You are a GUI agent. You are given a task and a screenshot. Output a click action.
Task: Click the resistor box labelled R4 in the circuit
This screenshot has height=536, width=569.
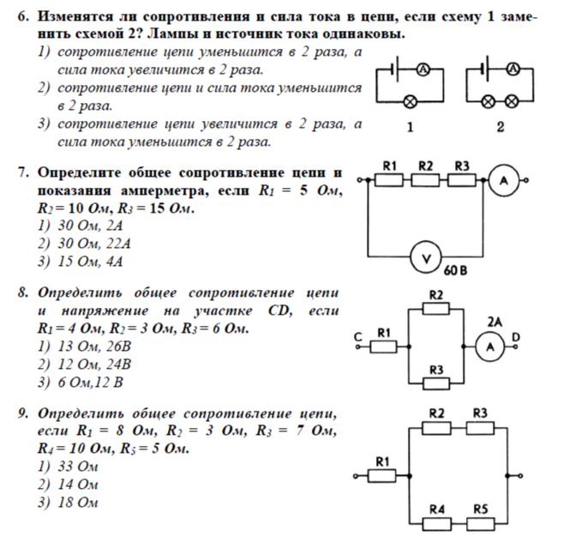438,521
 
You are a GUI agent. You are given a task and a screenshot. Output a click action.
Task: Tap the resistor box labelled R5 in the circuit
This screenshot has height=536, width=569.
481,521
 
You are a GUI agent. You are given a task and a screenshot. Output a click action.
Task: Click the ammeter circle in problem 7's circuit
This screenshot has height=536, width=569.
504,180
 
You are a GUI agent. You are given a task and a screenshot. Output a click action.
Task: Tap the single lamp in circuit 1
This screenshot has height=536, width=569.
410,101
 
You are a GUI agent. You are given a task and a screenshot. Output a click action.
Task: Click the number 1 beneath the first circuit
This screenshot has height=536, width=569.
410,128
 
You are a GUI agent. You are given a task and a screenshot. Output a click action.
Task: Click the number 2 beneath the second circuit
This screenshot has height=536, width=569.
500,128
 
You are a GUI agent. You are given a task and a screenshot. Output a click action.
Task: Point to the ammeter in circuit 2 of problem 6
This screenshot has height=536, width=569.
512,69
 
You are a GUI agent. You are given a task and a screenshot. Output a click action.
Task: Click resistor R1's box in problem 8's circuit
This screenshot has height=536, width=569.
385,346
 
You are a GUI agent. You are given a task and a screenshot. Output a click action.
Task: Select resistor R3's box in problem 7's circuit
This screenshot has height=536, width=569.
463,180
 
